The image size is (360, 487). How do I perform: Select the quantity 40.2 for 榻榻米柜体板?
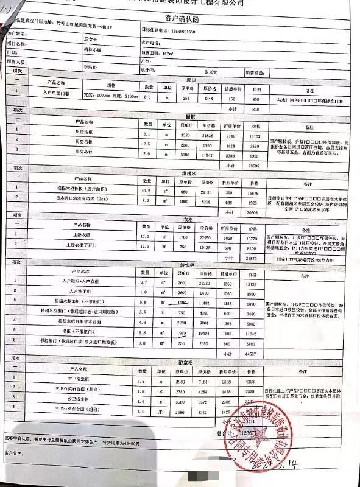[146, 191]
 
